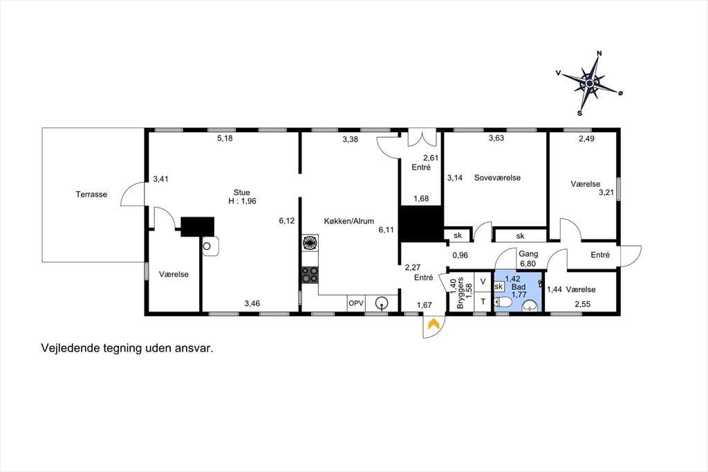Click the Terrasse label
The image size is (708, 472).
(91, 194)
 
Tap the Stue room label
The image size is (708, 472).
(241, 192)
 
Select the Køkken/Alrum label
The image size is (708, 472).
(349, 221)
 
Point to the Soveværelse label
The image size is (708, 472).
(497, 178)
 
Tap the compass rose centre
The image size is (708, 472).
(589, 84)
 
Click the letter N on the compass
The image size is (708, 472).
(599, 53)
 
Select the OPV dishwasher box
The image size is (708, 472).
(356, 303)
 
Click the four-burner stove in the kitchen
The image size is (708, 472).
(310, 275)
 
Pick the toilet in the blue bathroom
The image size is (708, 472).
(503, 302)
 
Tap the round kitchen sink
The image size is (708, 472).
(382, 303)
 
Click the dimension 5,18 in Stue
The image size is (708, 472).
(225, 138)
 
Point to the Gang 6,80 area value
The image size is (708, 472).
(528, 264)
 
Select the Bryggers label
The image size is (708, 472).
(460, 293)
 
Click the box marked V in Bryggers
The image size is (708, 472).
(483, 282)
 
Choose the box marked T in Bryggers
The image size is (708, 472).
(483, 302)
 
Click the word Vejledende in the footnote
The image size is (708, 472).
(68, 349)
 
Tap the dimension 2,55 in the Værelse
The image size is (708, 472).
(582, 305)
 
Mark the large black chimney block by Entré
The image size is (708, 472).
(421, 224)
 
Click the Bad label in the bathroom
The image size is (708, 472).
(519, 287)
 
